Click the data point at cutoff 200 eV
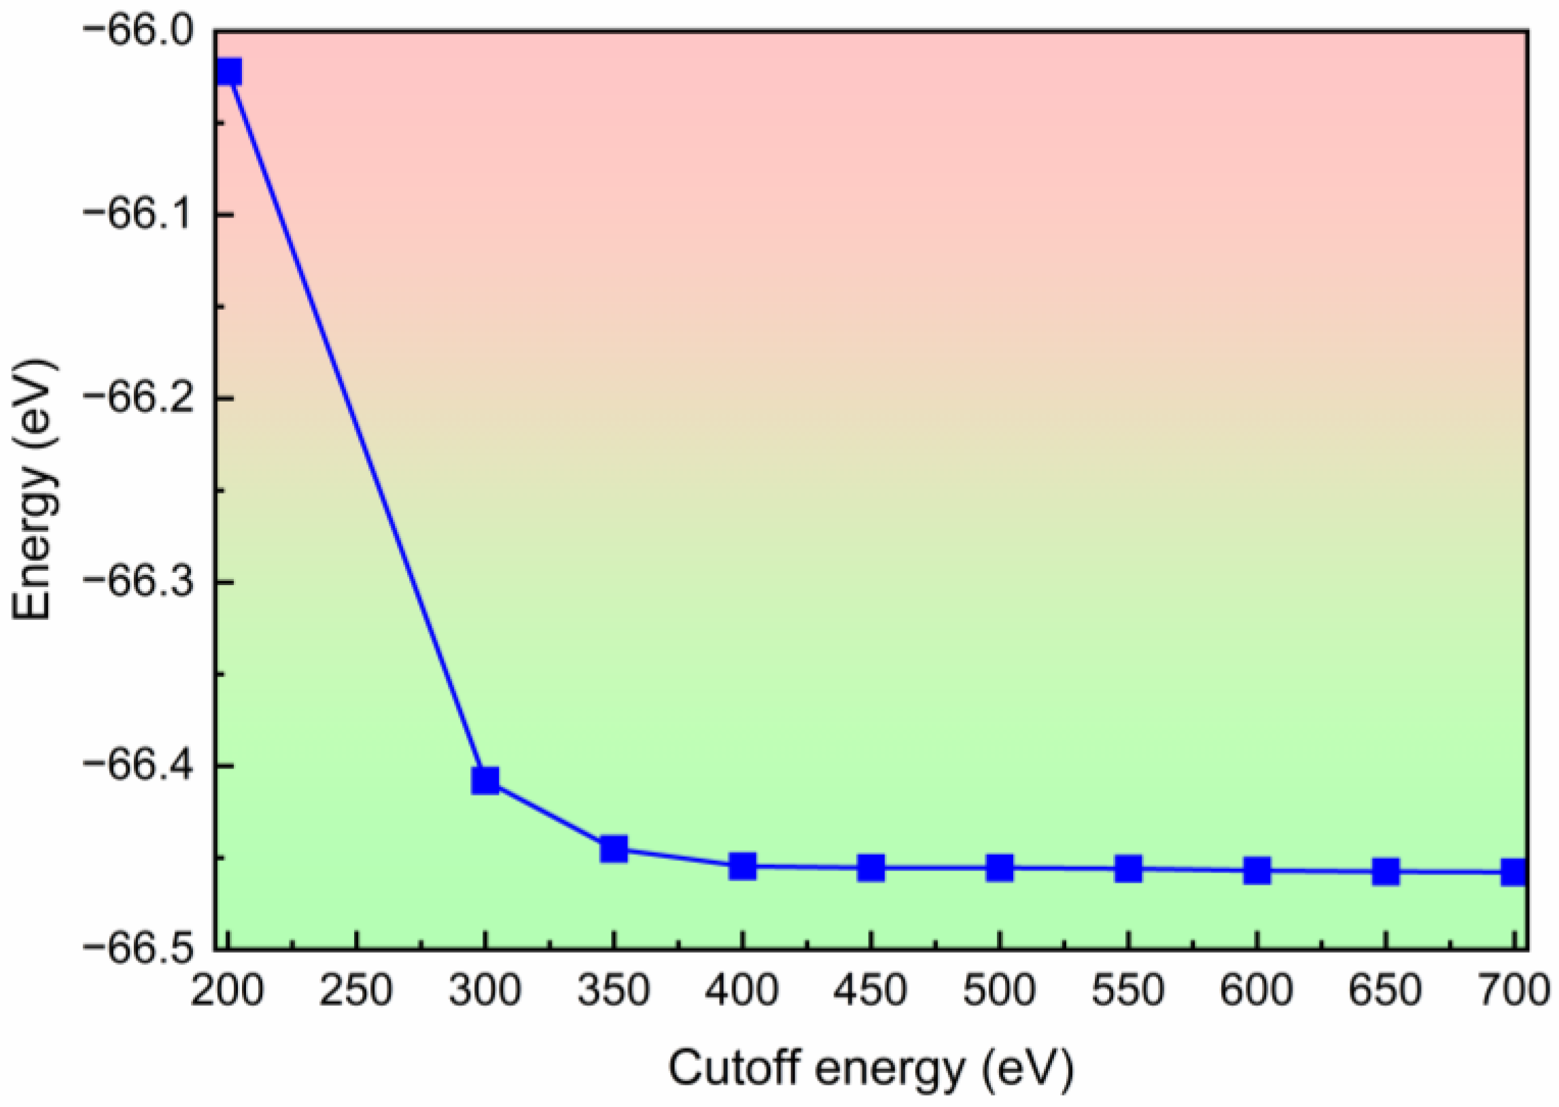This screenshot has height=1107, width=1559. [x=228, y=71]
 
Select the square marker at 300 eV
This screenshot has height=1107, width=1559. [x=485, y=779]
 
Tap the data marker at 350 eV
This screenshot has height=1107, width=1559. [x=614, y=849]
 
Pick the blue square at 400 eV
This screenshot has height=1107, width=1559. [x=742, y=866]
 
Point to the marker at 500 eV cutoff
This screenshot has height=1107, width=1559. [x=999, y=868]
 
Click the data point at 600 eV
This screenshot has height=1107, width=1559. [x=1257, y=871]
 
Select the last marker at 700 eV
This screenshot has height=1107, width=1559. [x=1513, y=872]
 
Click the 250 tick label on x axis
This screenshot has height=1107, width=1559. [x=356, y=990]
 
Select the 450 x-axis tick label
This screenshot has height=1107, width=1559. [x=871, y=990]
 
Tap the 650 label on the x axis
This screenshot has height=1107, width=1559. [x=1385, y=990]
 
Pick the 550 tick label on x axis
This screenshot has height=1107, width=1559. [x=1128, y=990]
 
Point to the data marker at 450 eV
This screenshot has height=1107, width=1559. [x=871, y=868]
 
